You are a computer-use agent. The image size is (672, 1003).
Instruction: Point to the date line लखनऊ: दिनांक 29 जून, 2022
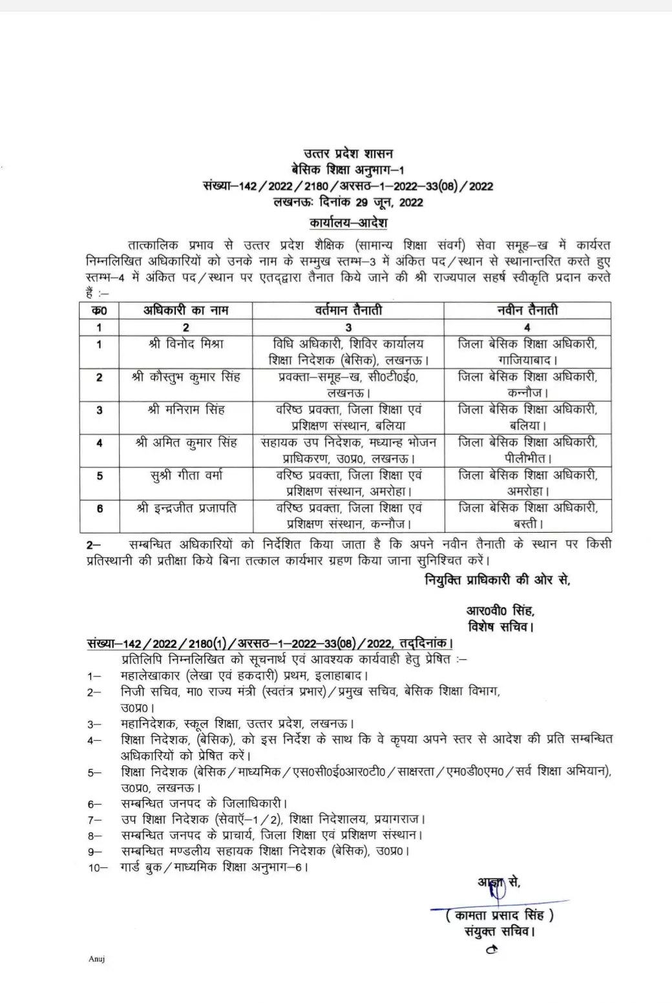(x=348, y=203)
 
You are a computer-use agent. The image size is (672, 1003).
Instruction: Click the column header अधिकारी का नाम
(x=185, y=311)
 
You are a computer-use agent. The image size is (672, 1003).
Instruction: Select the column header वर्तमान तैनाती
(x=348, y=311)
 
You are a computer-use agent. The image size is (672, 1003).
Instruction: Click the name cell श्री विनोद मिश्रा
(x=185, y=344)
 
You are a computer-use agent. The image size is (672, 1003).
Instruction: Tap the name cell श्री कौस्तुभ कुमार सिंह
(x=185, y=377)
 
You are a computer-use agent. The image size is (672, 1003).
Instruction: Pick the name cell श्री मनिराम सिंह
(x=185, y=410)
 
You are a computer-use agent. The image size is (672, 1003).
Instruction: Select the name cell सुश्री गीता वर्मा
(x=185, y=476)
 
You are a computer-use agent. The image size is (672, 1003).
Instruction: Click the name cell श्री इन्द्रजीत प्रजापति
(x=185, y=509)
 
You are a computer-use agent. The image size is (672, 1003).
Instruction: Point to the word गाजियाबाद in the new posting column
(x=526, y=360)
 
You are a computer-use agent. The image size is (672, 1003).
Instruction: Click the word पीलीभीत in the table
(x=526, y=459)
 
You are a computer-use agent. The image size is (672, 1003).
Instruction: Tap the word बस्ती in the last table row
(x=527, y=524)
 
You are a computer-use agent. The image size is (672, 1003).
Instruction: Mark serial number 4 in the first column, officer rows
(x=100, y=443)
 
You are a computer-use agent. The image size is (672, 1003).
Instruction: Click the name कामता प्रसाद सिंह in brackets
(x=500, y=915)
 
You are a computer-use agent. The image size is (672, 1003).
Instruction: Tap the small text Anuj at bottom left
(x=96, y=959)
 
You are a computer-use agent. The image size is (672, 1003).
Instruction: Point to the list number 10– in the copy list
(x=98, y=867)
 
